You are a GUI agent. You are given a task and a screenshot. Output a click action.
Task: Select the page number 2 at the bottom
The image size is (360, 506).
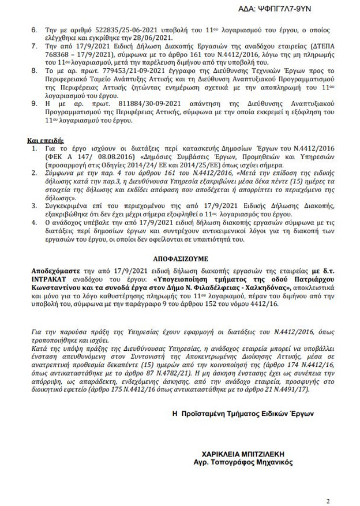pyautogui.click(x=328, y=485)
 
